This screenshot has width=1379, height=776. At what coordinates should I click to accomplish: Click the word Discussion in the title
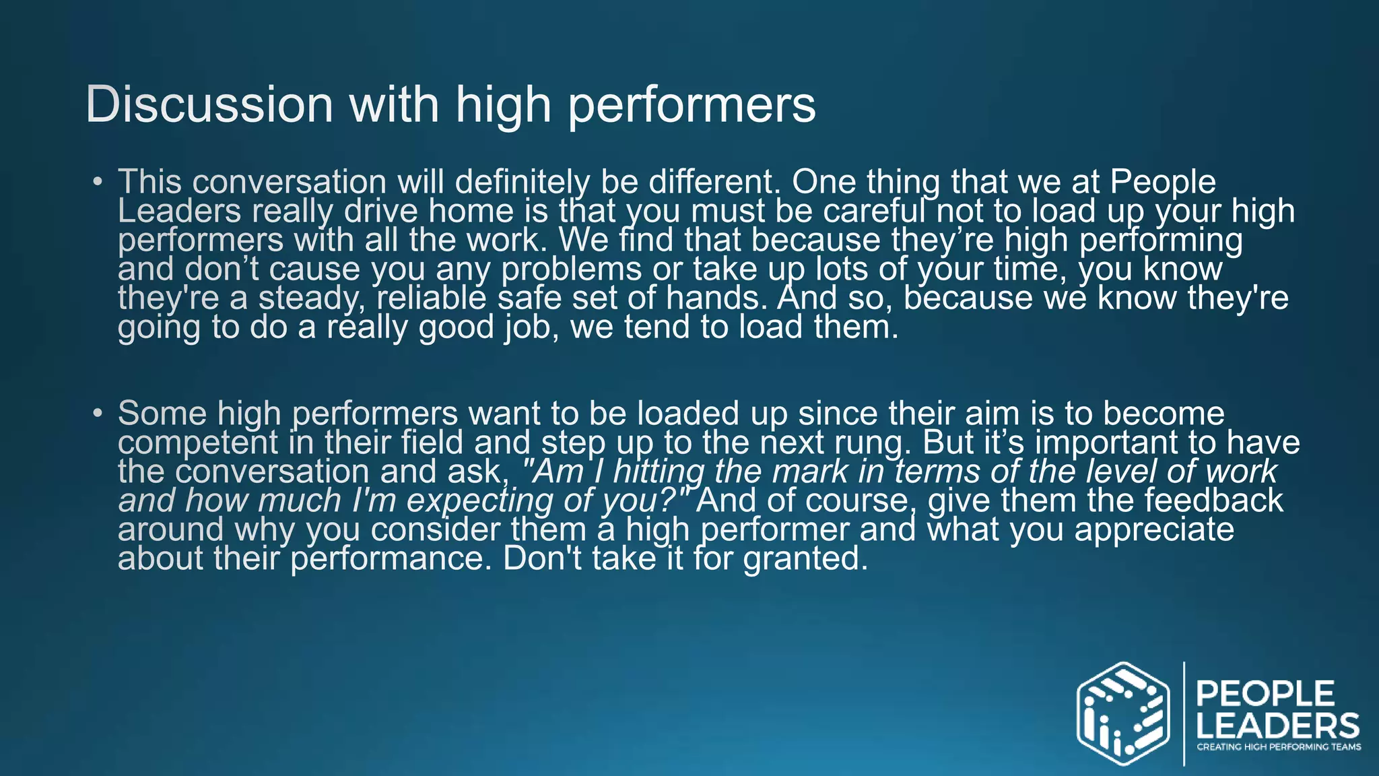209,104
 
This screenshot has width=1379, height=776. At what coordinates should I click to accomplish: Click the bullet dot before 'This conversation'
98,181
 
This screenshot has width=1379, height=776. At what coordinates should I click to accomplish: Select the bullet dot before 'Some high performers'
98,412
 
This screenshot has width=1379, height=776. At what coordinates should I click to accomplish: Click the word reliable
431,298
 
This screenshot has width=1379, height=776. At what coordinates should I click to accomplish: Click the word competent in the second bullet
198,443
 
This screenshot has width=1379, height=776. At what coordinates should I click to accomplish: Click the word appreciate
1154,529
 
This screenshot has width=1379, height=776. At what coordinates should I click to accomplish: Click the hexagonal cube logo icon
1122,713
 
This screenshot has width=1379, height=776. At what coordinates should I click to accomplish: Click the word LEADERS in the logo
1277,726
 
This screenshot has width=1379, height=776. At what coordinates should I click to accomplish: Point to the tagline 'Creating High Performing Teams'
1278,746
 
